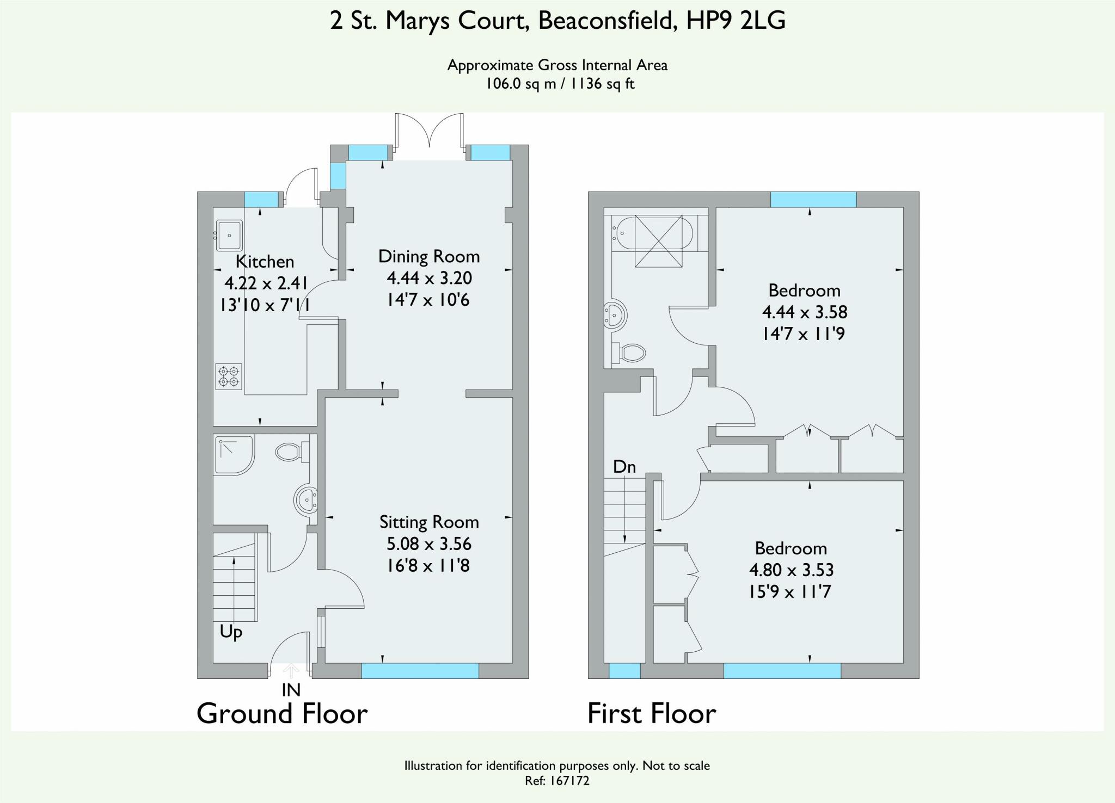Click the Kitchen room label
265,262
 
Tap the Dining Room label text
429,257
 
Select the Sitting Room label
429,522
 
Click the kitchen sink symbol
229,235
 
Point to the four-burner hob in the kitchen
229,376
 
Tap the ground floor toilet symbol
291,452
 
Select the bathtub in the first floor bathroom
652,234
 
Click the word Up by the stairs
231,632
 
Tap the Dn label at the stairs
624,467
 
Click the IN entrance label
291,690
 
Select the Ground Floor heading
282,714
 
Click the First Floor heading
652,714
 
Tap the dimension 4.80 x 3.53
791,570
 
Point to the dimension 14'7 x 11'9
804,333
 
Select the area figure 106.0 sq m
520,84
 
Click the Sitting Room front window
420,671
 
